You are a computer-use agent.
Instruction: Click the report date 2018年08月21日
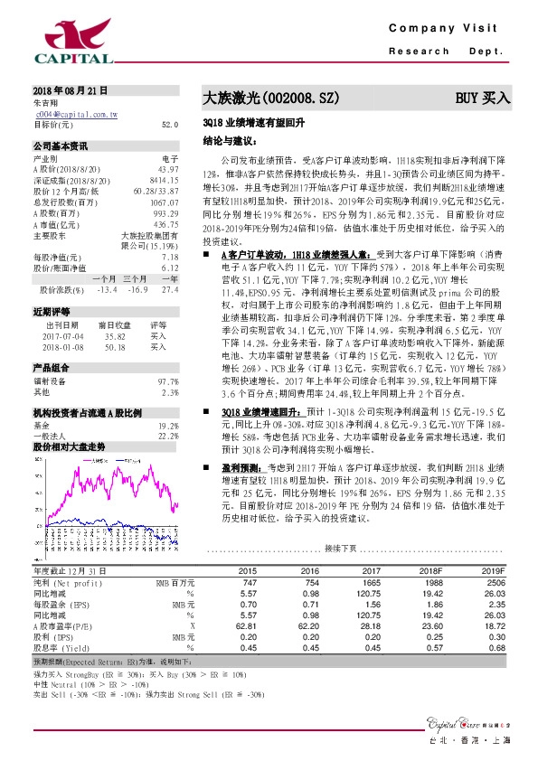[71, 93]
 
